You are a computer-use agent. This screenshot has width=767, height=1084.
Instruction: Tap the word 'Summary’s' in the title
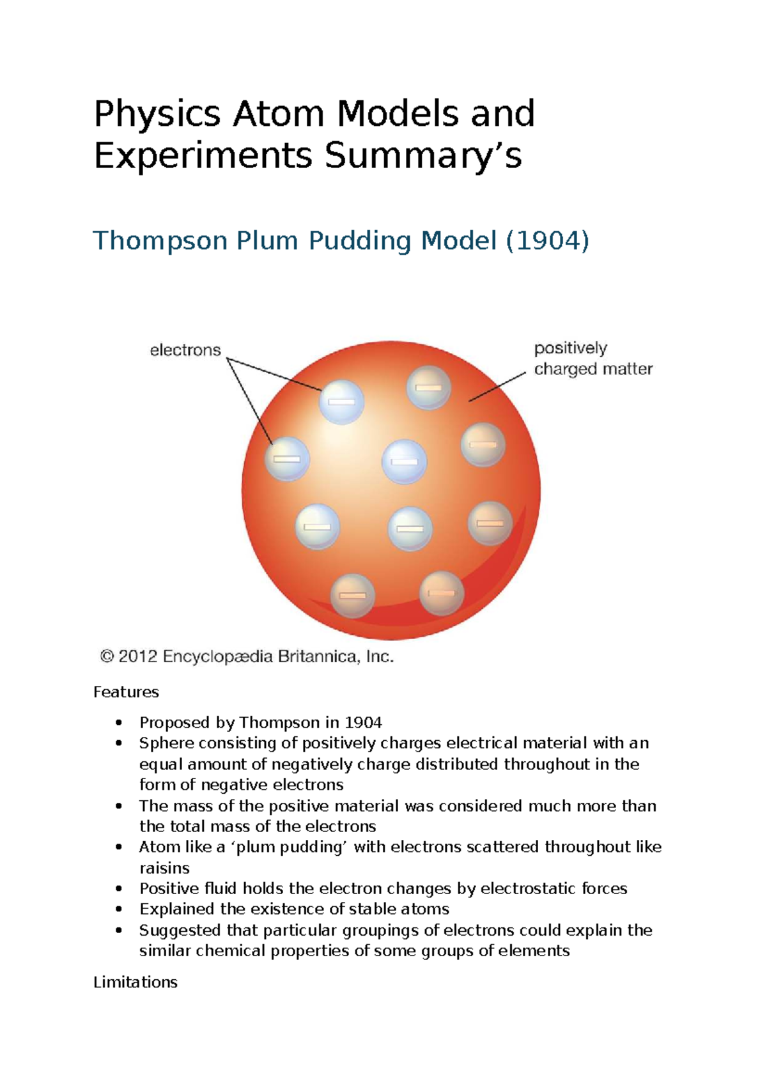point(423,157)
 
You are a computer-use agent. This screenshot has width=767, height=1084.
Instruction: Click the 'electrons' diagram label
point(185,350)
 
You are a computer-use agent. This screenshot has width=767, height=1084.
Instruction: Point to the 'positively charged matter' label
point(593,359)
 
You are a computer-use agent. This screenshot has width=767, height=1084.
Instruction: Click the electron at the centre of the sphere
point(404,461)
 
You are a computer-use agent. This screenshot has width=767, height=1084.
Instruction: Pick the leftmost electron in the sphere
point(288,458)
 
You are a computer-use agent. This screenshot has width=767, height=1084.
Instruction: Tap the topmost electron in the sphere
point(429,387)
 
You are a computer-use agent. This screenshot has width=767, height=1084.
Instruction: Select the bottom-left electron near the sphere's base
point(352,595)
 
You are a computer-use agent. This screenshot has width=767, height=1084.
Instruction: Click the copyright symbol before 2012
point(107,656)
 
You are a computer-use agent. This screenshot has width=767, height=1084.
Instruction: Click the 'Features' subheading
point(126,692)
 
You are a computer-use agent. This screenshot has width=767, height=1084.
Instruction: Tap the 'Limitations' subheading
point(136,982)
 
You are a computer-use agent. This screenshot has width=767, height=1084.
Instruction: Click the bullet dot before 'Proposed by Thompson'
point(118,723)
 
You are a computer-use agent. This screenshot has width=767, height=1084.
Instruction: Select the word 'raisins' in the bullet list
point(164,868)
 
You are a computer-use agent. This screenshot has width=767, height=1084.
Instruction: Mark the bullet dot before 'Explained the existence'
point(118,909)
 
